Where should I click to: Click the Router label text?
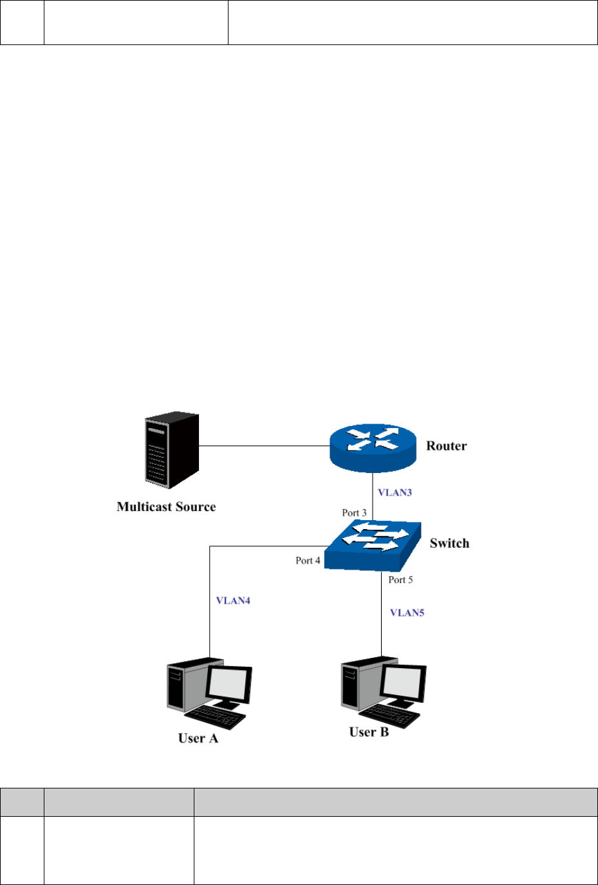[446, 446]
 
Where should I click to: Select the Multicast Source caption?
[166, 507]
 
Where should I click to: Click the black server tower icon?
[171, 451]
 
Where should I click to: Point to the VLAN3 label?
[395, 492]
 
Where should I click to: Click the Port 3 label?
[354, 513]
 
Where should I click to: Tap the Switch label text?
[449, 543]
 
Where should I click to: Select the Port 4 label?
[308, 561]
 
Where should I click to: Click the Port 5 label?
[400, 580]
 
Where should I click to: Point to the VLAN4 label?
[233, 601]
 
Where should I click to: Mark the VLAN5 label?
[407, 613]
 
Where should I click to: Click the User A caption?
[198, 738]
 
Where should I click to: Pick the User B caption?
[369, 732]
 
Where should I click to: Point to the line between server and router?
[264, 445]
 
